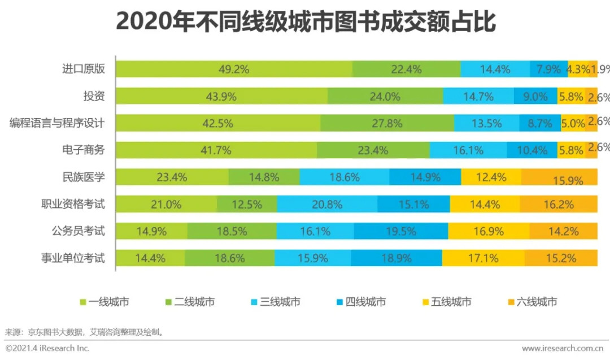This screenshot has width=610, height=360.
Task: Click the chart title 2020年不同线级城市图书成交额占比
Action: pos(305,23)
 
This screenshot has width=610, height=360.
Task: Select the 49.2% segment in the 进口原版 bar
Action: pos(234,70)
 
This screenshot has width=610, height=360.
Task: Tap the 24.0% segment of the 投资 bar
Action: pos(385,97)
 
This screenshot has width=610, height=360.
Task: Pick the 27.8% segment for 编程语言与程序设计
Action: pos(387,123)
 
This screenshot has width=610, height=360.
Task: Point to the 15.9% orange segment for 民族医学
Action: pos(559,177)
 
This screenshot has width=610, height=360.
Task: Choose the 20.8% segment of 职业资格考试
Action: pos(327,205)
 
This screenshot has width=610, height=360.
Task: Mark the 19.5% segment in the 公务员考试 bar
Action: pos(401,231)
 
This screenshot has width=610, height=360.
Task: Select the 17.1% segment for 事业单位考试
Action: pos(483,258)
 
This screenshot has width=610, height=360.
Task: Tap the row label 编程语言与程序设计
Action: pos(56,123)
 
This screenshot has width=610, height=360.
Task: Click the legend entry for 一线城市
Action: pos(104,302)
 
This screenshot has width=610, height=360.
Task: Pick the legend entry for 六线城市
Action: pos(531,302)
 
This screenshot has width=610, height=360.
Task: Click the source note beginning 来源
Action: pos(85,332)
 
